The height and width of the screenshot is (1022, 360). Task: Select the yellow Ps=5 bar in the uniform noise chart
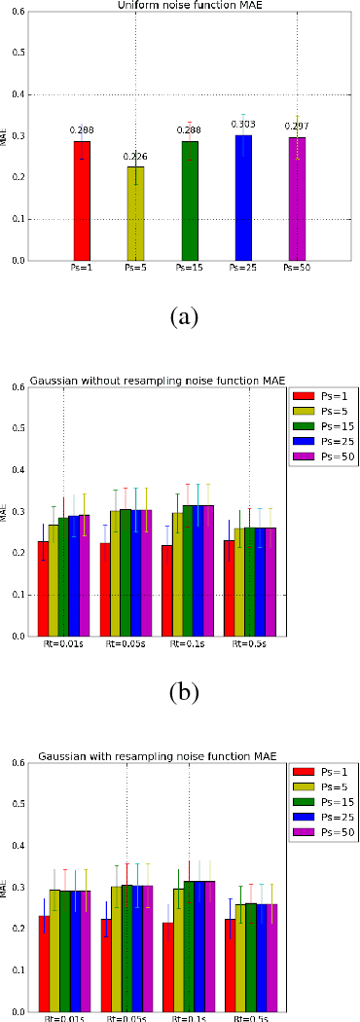(x=135, y=213)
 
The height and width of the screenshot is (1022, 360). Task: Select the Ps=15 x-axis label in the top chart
(x=190, y=266)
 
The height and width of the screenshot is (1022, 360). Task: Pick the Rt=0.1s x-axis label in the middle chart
(x=188, y=643)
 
